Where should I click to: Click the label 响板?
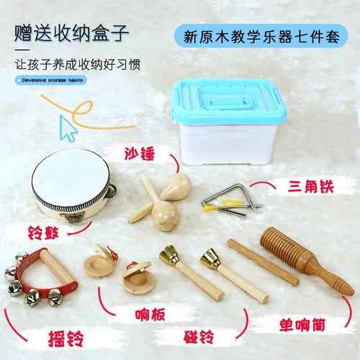(x=137, y=314)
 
